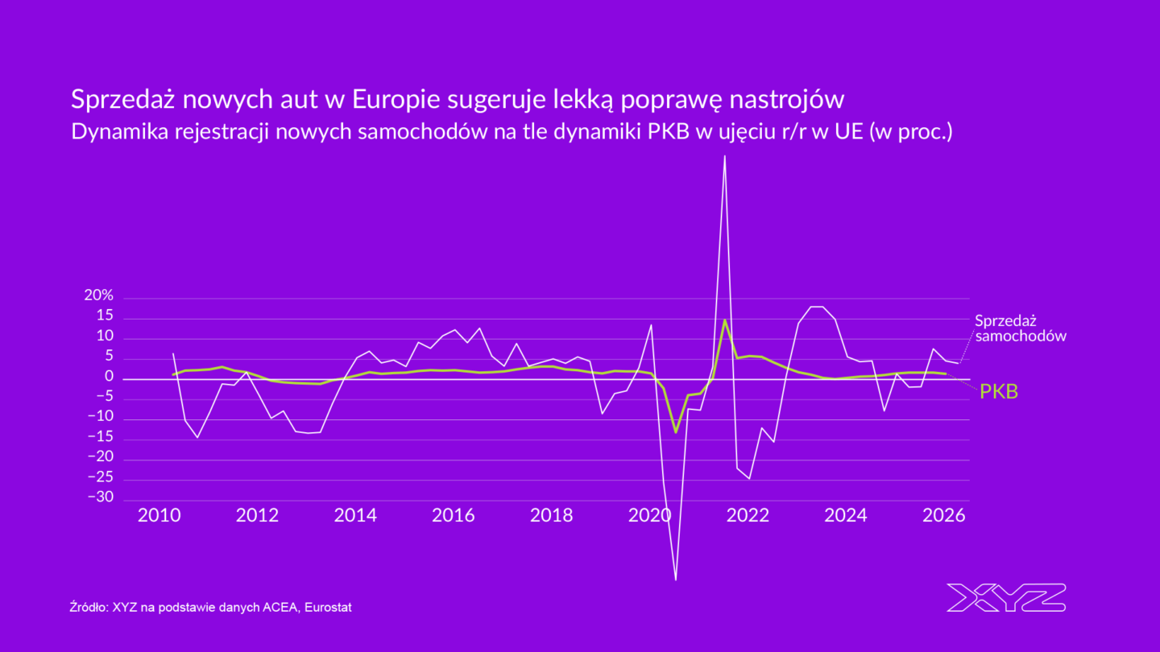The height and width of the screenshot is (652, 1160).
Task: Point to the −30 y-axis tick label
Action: [101, 497]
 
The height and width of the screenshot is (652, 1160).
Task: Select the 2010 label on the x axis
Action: [159, 515]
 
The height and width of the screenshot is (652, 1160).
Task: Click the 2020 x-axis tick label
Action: [650, 515]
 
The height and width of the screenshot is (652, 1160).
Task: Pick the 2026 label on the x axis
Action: [944, 515]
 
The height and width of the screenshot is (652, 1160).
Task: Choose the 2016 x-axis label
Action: [454, 515]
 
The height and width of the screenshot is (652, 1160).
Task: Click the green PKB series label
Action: [999, 392]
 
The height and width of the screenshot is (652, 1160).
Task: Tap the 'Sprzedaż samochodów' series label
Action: [1020, 328]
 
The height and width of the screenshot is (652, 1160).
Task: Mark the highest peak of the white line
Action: [725, 156]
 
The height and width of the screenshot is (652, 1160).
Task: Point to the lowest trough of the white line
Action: [675, 580]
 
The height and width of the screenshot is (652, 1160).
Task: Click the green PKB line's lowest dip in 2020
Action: [675, 432]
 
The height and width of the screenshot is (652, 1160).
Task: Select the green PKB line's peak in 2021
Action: [725, 320]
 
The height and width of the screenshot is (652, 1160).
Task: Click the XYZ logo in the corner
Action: [1005, 597]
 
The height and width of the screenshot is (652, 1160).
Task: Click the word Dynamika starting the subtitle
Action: [110, 131]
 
